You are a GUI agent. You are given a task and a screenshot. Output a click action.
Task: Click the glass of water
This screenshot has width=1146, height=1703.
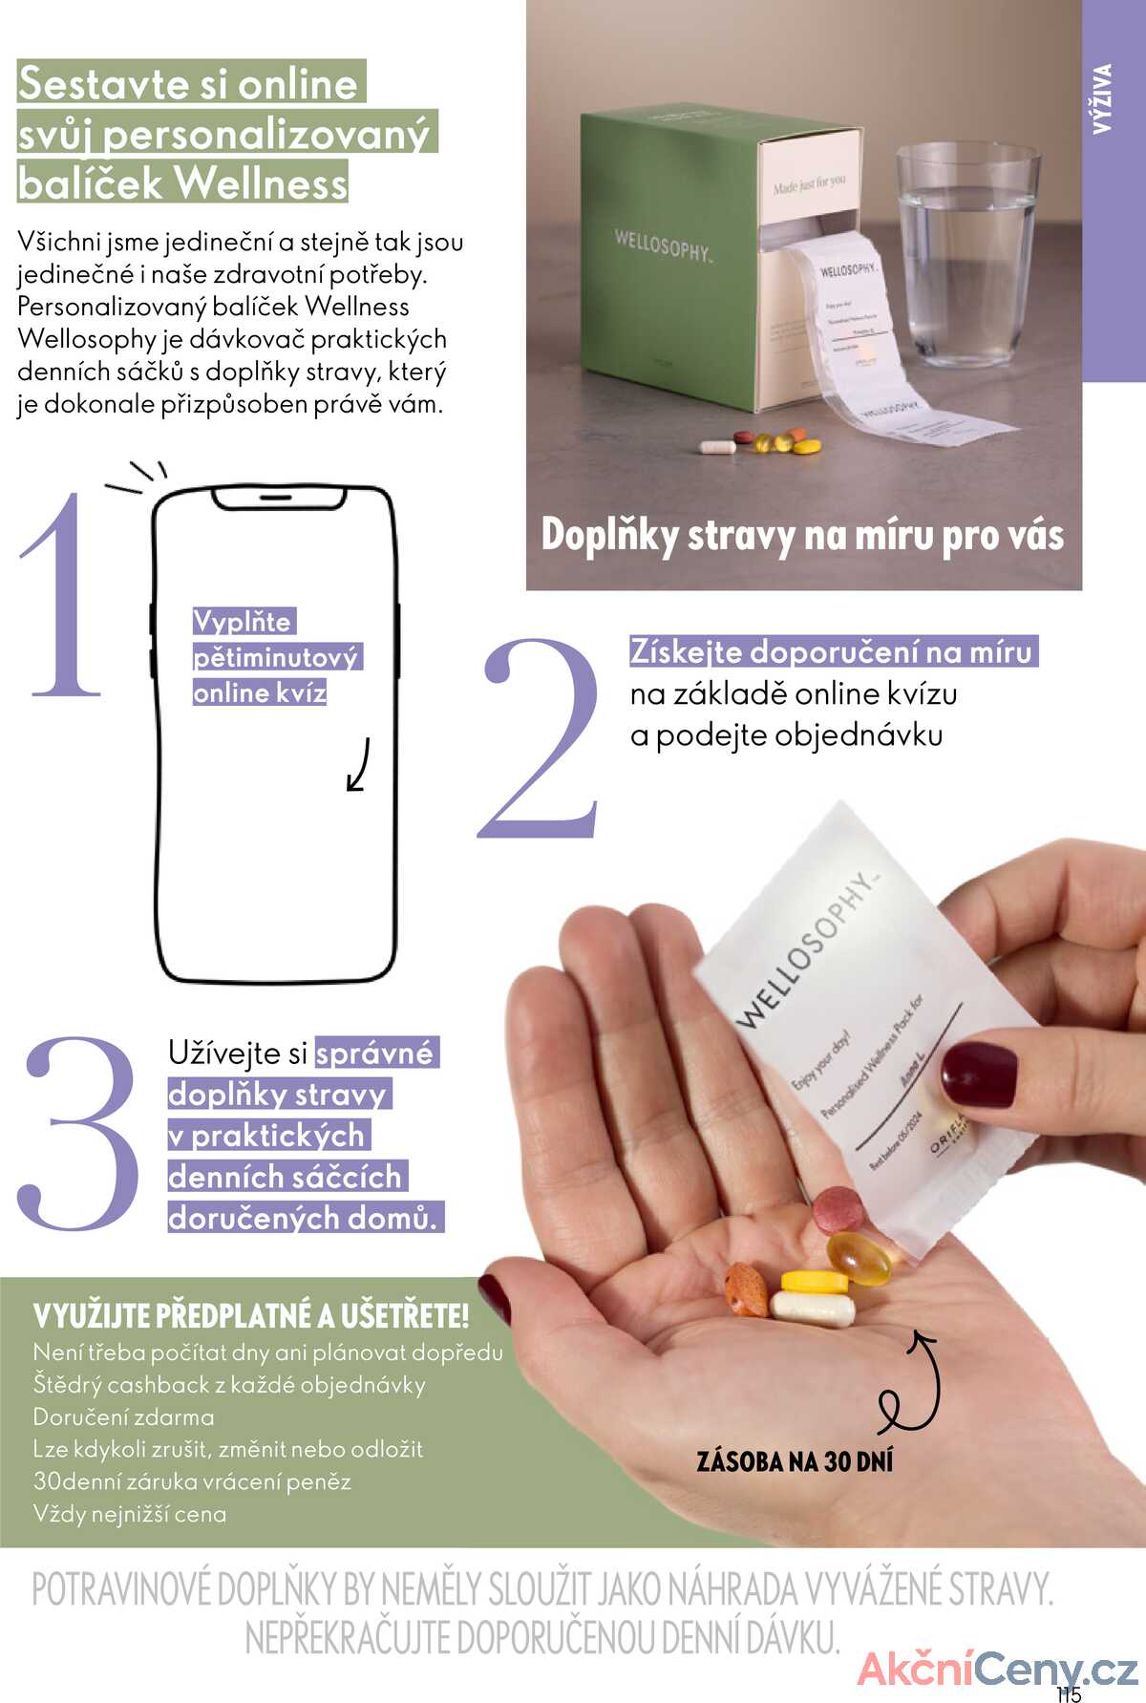point(966,253)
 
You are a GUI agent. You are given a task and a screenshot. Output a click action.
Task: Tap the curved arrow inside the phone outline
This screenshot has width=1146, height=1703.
point(358,764)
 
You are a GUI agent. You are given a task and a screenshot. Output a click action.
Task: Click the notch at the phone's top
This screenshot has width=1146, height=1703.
point(276,498)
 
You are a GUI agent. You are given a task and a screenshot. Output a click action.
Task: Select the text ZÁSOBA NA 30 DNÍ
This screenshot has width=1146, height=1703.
point(795,1462)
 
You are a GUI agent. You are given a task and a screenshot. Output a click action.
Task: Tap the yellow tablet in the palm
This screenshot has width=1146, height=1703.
point(814,1282)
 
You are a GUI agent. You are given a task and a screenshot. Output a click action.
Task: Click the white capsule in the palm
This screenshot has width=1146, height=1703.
point(813,1308)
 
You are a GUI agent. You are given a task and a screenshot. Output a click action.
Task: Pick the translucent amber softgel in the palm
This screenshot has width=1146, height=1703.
point(859,1258)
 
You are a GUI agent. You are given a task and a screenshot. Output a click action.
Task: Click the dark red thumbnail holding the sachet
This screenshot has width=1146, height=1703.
point(978,1075)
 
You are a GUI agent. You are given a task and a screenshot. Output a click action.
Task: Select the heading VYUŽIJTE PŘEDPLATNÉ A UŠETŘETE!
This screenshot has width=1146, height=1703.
point(251,1316)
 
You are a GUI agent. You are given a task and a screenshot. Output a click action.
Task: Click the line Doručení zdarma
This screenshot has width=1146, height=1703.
point(124,1417)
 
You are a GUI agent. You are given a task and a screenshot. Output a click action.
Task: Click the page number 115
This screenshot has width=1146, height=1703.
point(1069,1694)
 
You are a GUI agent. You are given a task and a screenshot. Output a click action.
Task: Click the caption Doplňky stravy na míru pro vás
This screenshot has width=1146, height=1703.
point(802,535)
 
